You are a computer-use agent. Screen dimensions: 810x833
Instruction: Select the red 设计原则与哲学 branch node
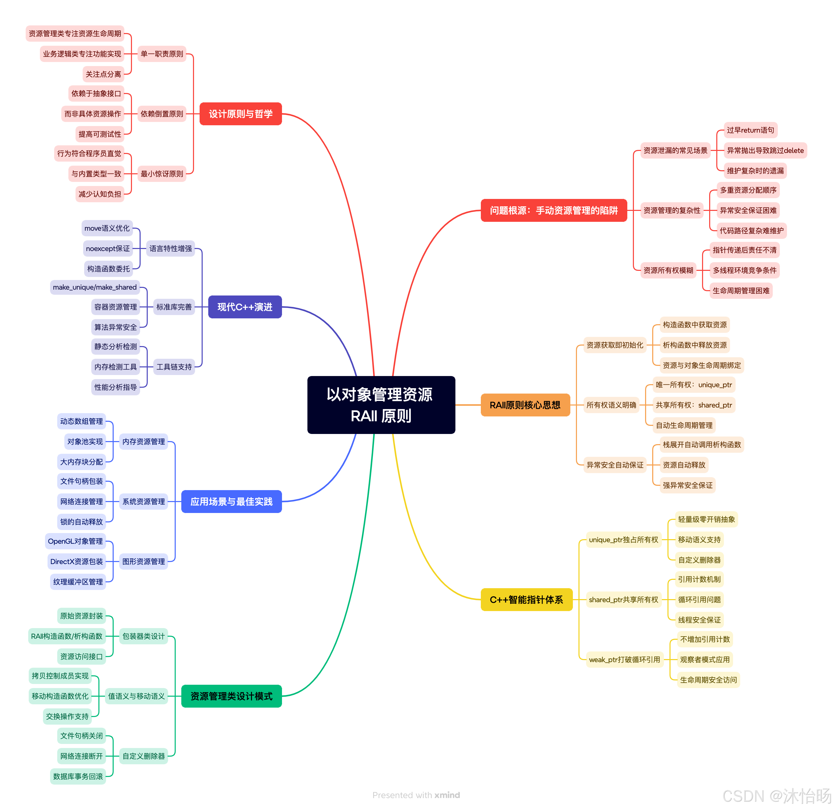point(241,114)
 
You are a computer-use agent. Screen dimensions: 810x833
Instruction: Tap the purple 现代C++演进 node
point(245,307)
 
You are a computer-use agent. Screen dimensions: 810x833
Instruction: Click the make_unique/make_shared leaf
point(95,287)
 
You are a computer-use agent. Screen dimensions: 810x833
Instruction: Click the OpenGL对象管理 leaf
point(75,541)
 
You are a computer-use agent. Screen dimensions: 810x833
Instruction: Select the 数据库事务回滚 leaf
point(78,776)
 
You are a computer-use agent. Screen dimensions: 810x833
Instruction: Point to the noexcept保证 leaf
point(108,248)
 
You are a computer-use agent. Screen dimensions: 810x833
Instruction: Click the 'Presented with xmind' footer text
point(416,795)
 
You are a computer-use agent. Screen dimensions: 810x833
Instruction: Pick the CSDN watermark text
point(776,796)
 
